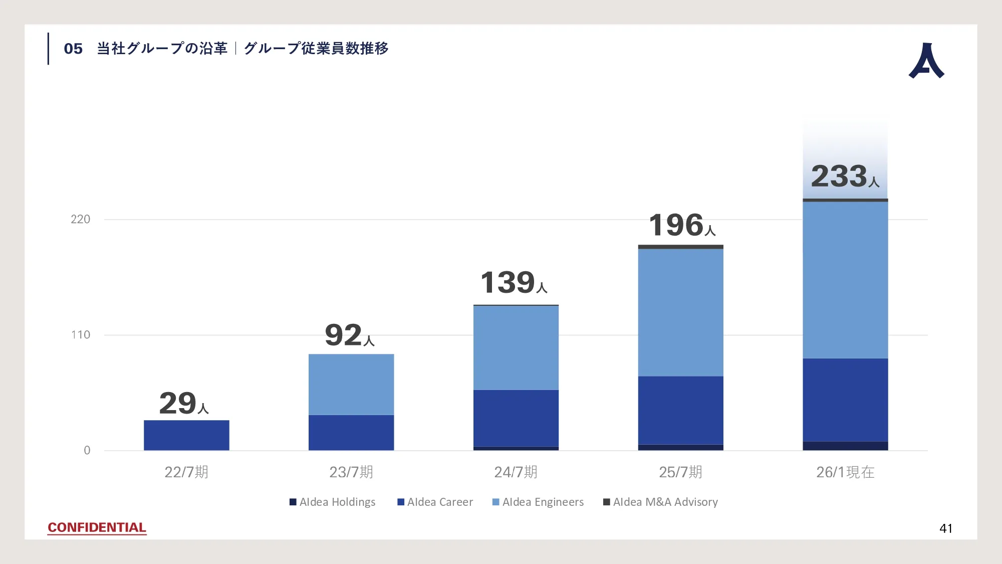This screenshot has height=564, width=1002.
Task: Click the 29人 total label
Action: tap(184, 404)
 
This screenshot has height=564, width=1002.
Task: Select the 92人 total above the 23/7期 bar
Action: tap(350, 335)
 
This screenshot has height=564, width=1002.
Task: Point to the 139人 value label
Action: tap(514, 282)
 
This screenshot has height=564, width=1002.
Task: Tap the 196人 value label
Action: tap(682, 225)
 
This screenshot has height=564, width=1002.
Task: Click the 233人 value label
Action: tap(845, 176)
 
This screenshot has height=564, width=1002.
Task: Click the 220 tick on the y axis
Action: tap(80, 219)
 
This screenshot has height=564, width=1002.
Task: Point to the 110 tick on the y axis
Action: tap(80, 335)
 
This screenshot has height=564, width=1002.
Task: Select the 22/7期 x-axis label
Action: tap(186, 472)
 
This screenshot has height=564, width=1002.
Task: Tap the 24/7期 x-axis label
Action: tap(516, 472)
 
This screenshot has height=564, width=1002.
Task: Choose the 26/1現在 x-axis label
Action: tap(845, 472)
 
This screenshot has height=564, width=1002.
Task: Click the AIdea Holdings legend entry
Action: tap(333, 502)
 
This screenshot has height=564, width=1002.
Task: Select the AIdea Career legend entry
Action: tap(435, 502)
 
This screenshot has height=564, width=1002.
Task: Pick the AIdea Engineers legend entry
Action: tap(538, 502)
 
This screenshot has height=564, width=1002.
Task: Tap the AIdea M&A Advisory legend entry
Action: tap(660, 502)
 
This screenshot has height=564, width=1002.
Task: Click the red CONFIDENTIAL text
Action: tap(97, 527)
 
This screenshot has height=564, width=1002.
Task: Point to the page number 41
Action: tap(946, 528)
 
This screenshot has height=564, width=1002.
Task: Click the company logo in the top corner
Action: tap(926, 61)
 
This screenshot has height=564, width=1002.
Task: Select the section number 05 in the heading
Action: tap(73, 49)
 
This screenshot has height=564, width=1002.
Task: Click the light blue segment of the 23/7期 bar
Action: tap(351, 385)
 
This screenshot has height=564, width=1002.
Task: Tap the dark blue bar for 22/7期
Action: tap(186, 435)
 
